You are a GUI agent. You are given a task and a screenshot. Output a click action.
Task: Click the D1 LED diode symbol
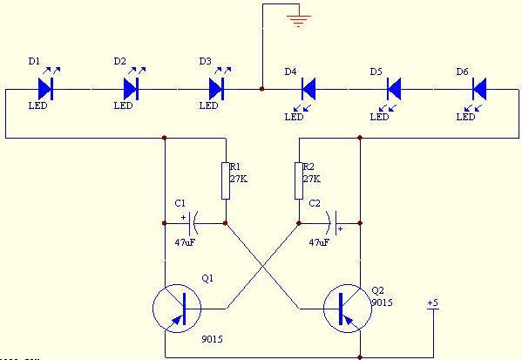[x=45, y=89]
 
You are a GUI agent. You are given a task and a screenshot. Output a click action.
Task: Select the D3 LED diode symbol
[x=216, y=89]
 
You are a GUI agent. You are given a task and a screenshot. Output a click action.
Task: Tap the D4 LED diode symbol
[x=308, y=89]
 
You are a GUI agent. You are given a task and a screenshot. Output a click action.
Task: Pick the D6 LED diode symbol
[x=479, y=89]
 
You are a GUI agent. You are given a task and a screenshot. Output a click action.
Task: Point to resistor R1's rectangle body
[x=226, y=180]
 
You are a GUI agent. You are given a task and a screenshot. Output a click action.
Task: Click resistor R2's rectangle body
[x=299, y=180]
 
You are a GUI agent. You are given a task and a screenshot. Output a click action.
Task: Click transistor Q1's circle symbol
[x=177, y=309]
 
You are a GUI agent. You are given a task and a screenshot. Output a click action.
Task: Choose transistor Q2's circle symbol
[x=348, y=309]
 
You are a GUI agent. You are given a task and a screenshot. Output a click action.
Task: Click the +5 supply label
[x=433, y=303]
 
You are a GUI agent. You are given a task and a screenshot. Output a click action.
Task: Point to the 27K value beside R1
[x=239, y=179]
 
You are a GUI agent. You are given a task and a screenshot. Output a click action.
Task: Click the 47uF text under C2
[x=319, y=242]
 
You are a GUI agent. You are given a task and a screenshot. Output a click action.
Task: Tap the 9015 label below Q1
[x=212, y=339]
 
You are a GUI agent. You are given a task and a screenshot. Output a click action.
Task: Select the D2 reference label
[x=120, y=61]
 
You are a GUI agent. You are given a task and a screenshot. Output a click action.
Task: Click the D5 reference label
[x=376, y=71]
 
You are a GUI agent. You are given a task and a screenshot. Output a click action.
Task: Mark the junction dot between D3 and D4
[x=262, y=89]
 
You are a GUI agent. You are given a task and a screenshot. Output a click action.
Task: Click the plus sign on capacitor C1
[x=183, y=217]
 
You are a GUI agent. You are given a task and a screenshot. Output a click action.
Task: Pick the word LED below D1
[x=38, y=105]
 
